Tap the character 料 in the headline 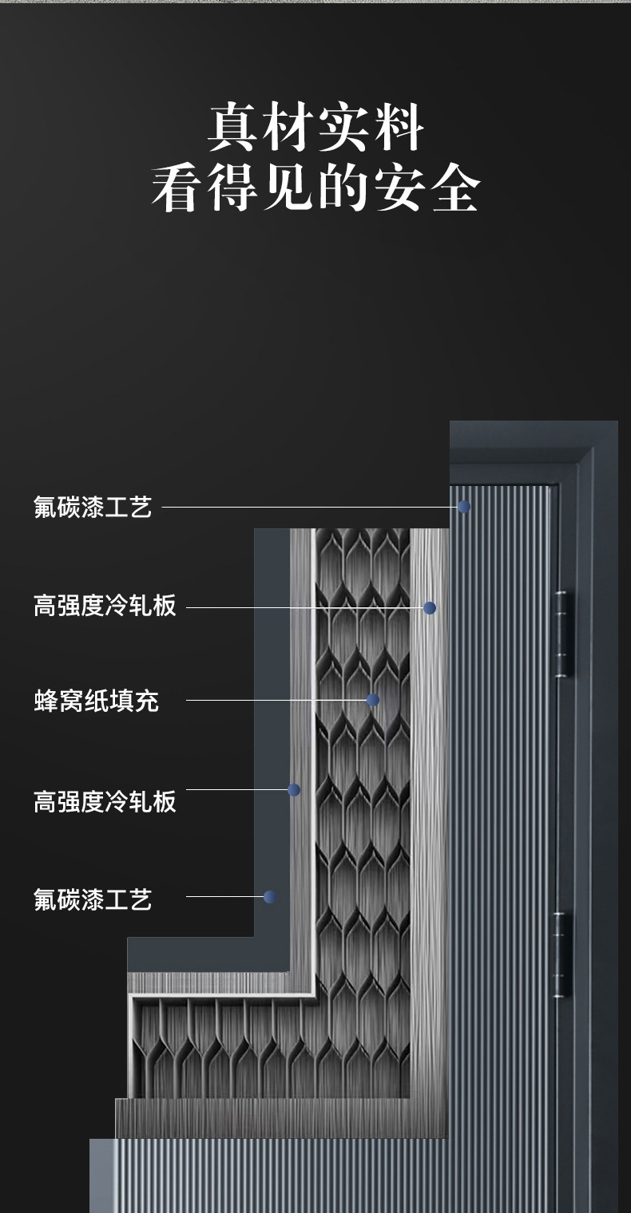pyautogui.click(x=397, y=128)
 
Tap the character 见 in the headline pyautogui.click(x=288, y=189)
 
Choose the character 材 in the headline pyautogui.click(x=288, y=128)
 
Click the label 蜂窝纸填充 pyautogui.click(x=96, y=701)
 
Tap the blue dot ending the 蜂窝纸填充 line pyautogui.click(x=372, y=700)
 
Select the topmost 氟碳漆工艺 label pyautogui.click(x=93, y=507)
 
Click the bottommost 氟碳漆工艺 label pyautogui.click(x=93, y=899)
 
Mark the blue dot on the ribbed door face pyautogui.click(x=463, y=507)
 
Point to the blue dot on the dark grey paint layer pyautogui.click(x=269, y=897)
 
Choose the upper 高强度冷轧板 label pyautogui.click(x=105, y=606)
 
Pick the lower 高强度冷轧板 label pyautogui.click(x=105, y=801)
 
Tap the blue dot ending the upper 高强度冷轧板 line pyautogui.click(x=430, y=608)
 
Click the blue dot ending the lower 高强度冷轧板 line pyautogui.click(x=294, y=790)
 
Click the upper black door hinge pyautogui.click(x=562, y=634)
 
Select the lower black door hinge pyautogui.click(x=562, y=955)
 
